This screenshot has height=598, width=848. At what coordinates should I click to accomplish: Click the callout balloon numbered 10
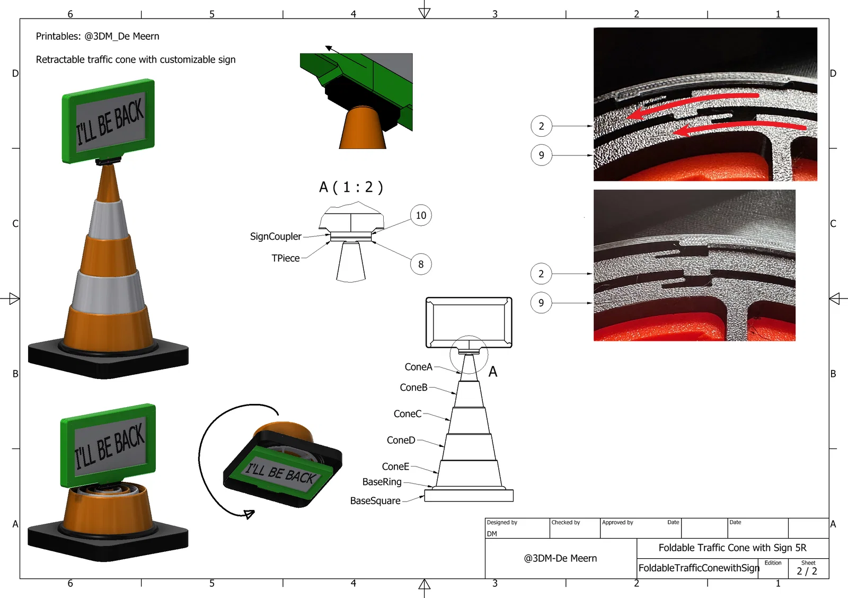click(421, 215)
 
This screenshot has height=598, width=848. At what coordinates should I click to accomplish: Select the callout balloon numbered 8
click(421, 264)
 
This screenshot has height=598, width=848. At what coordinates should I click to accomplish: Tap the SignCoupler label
click(276, 236)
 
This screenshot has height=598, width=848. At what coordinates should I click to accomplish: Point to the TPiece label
click(286, 258)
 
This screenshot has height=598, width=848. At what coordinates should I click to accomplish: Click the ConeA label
click(418, 367)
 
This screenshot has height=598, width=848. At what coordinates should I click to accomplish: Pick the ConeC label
click(408, 414)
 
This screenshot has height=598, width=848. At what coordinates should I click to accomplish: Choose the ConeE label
click(395, 467)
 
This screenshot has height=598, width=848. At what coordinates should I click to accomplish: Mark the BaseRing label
click(382, 482)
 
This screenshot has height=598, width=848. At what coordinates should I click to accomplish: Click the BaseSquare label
click(375, 501)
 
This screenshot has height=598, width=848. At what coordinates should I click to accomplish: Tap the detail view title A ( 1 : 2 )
click(351, 187)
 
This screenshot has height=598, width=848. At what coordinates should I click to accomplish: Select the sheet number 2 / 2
click(807, 571)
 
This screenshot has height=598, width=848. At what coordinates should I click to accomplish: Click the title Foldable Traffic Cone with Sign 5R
click(732, 548)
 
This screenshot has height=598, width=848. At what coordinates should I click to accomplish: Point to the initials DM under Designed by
click(492, 534)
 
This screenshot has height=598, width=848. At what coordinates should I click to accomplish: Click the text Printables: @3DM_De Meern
click(98, 37)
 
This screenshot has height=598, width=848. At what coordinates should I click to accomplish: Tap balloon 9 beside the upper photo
click(541, 155)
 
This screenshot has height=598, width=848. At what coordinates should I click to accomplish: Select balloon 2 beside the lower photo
click(541, 274)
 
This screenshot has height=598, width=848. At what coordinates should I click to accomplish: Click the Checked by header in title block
click(566, 523)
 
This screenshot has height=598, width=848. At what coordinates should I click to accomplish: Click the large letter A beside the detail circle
click(493, 372)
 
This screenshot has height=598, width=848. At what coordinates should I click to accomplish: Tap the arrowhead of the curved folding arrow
click(249, 514)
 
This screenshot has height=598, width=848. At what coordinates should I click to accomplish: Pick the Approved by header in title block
click(617, 523)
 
